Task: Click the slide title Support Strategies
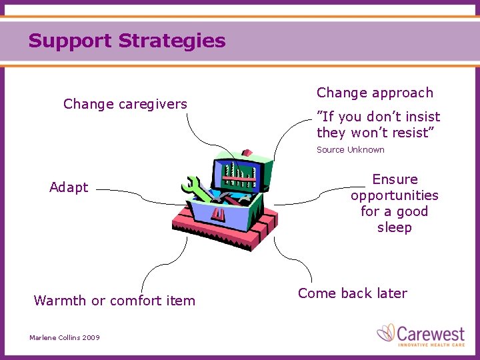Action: click(127, 41)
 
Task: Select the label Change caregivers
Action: click(125, 104)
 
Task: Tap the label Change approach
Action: click(375, 93)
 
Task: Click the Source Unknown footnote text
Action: click(350, 150)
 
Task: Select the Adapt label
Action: click(69, 187)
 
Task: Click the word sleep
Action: click(394, 227)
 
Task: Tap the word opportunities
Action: click(394, 195)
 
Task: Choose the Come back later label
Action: click(352, 293)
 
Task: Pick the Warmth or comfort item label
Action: click(115, 301)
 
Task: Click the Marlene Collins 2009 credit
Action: click(65, 338)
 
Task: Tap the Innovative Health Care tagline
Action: click(431, 344)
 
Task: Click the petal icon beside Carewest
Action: click(386, 333)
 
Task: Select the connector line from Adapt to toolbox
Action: click(133, 193)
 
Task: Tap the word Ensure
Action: click(395, 179)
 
